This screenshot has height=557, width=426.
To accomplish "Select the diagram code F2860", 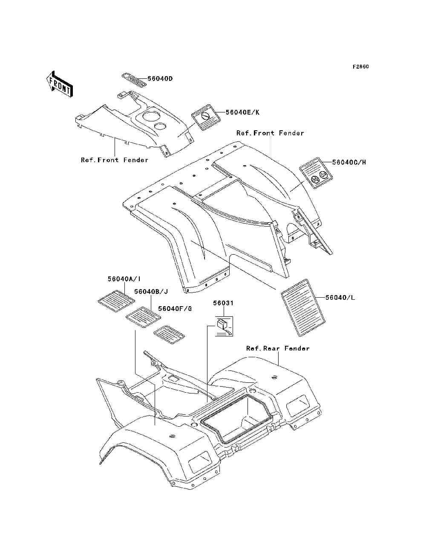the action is [360, 67].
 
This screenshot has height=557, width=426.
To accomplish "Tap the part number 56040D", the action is [160, 79].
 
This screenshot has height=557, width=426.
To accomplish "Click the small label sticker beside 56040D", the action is [134, 80].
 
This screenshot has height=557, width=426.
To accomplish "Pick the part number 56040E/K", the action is [242, 112].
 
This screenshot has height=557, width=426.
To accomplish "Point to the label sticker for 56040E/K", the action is [206, 117].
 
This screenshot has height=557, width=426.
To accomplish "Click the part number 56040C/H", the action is [349, 162].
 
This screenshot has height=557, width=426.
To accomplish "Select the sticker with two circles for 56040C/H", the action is [316, 172].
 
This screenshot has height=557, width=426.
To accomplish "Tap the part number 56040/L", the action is [340, 297].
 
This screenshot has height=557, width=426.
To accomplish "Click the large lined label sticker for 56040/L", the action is [303, 308].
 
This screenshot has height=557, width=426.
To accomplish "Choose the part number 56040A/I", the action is [124, 279].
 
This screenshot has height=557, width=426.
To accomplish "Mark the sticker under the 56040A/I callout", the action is [116, 301].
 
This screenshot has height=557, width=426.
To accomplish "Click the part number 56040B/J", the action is [151, 292].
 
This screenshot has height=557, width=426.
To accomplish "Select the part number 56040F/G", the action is [175, 309].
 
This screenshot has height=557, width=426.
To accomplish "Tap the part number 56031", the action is [223, 303].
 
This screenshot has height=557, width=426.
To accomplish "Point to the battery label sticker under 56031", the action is [224, 326].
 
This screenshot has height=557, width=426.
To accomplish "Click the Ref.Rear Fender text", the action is [278, 348].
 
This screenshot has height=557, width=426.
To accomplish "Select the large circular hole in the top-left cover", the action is [150, 116].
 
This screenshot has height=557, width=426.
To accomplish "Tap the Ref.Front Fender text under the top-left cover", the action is [115, 160].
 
